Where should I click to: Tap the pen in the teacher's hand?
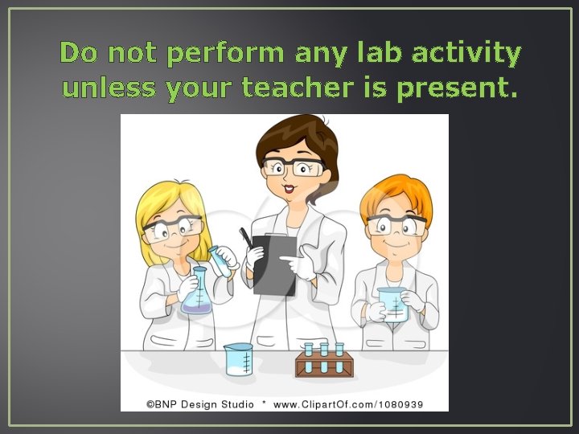[x=244, y=238]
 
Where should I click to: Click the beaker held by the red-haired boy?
[x=392, y=304]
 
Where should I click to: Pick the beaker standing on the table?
[x=238, y=359]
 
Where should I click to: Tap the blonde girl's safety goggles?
[x=172, y=227]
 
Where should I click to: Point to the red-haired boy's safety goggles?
[x=396, y=224]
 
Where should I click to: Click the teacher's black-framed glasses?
[x=294, y=167]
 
